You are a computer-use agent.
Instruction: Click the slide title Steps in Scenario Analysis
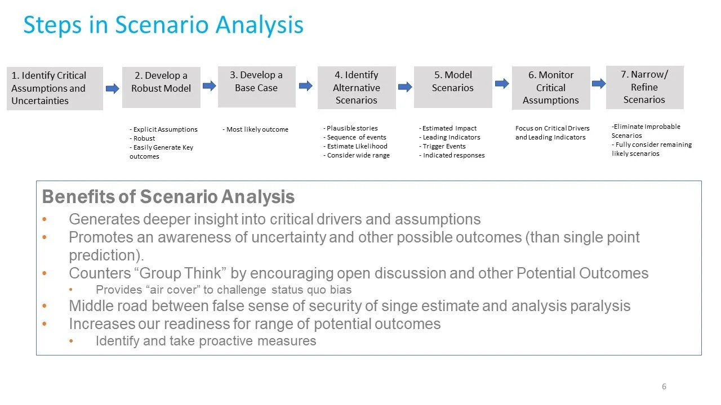point(163,25)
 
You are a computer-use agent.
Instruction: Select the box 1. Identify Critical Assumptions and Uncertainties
point(55,88)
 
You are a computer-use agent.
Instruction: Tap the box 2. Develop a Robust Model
point(161,87)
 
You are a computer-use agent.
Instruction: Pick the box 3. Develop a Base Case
point(256,87)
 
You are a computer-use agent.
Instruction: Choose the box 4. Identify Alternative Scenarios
point(357,87)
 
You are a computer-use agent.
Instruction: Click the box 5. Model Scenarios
point(453,87)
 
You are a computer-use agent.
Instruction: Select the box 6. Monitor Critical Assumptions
point(550,87)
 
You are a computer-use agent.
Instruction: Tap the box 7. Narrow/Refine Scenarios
point(644,87)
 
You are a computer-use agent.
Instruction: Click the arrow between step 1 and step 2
point(113,88)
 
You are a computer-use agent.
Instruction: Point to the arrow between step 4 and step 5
point(405,87)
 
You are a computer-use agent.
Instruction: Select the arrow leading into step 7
point(599,84)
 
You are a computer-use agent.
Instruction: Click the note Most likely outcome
point(257,129)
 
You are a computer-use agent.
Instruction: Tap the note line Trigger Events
point(444,146)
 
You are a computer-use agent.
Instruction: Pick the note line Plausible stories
point(351,128)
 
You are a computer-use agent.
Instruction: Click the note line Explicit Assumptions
point(165,129)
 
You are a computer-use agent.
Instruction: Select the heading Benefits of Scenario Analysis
point(168,197)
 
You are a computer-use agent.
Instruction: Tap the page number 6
point(664,386)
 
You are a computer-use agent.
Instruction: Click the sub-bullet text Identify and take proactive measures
point(206,341)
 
